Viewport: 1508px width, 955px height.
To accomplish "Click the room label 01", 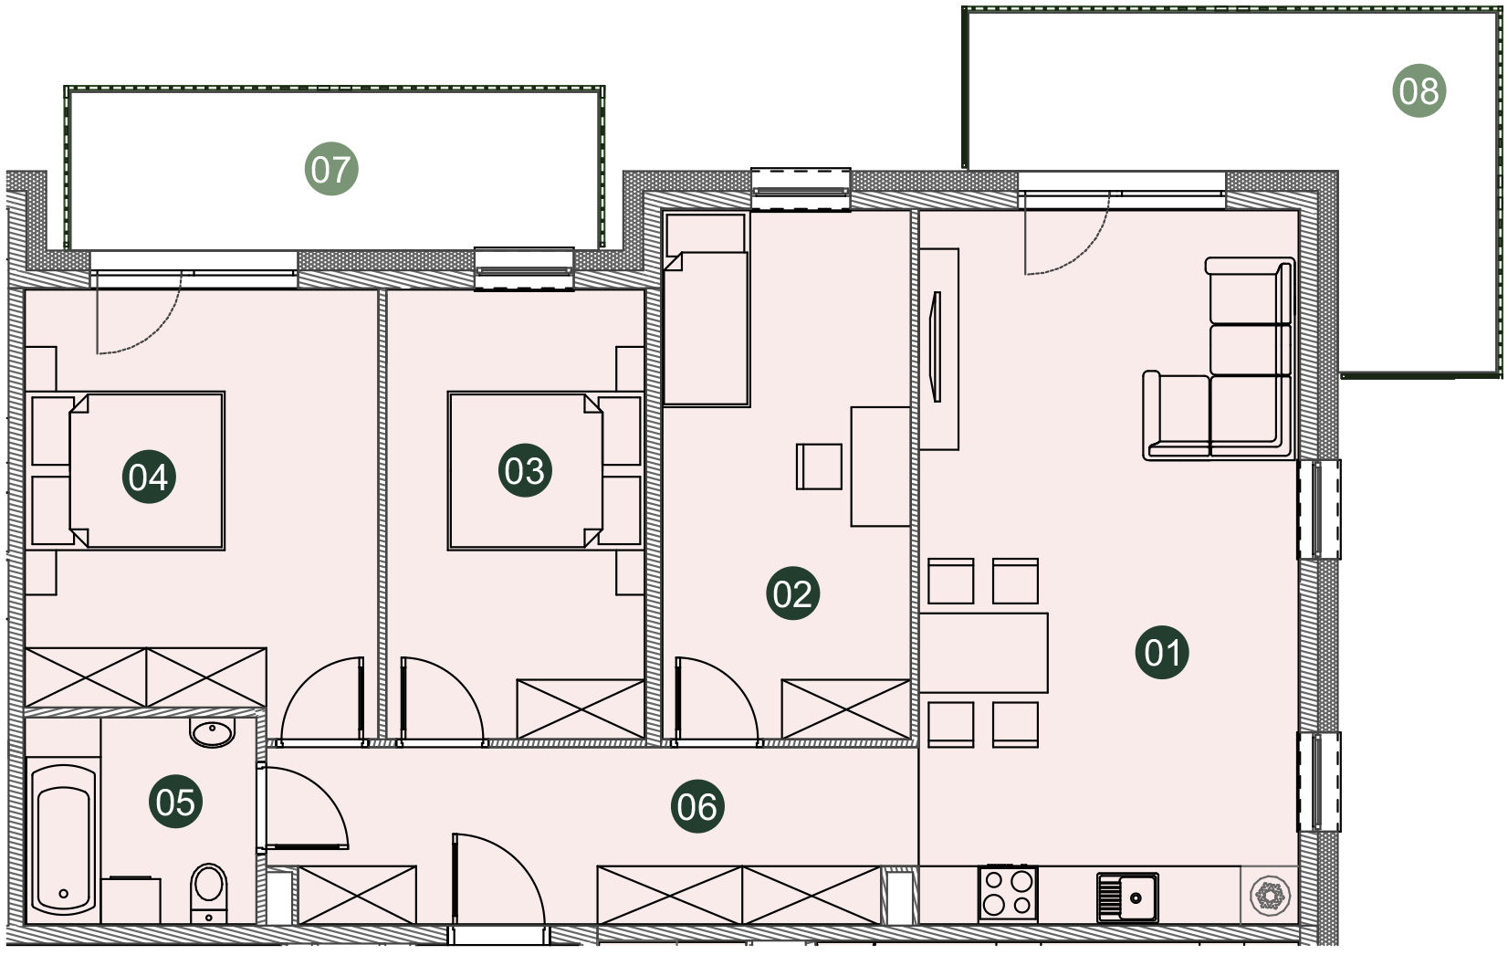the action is click(x=1162, y=652).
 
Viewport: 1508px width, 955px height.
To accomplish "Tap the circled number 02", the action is click(x=792, y=593).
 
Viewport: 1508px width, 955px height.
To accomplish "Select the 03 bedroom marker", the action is click(x=525, y=470).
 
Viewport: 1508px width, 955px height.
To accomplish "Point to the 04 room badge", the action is click(x=149, y=477).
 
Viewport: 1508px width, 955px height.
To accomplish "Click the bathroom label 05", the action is click(x=175, y=801).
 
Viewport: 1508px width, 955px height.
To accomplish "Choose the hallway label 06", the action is click(x=697, y=805).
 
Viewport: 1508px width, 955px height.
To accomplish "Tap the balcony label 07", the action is click(x=331, y=168).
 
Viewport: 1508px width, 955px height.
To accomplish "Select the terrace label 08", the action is click(x=1419, y=90).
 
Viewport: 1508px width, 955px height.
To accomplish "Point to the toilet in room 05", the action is click(x=209, y=893).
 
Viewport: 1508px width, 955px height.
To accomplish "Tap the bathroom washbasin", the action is click(x=212, y=732).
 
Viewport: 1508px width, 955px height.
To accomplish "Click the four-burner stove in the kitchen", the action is click(x=1008, y=894).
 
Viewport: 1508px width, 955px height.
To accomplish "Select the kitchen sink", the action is click(x=1127, y=897).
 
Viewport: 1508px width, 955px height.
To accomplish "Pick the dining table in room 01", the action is click(x=983, y=653).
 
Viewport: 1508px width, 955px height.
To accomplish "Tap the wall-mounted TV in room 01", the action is click(x=936, y=347).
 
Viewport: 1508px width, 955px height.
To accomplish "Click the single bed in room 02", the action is click(x=707, y=310).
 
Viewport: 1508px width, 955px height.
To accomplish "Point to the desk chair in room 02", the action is click(x=819, y=466).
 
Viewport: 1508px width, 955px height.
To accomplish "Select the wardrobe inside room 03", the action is click(x=581, y=708).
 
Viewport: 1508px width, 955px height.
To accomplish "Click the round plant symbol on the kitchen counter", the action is click(x=1270, y=896).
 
